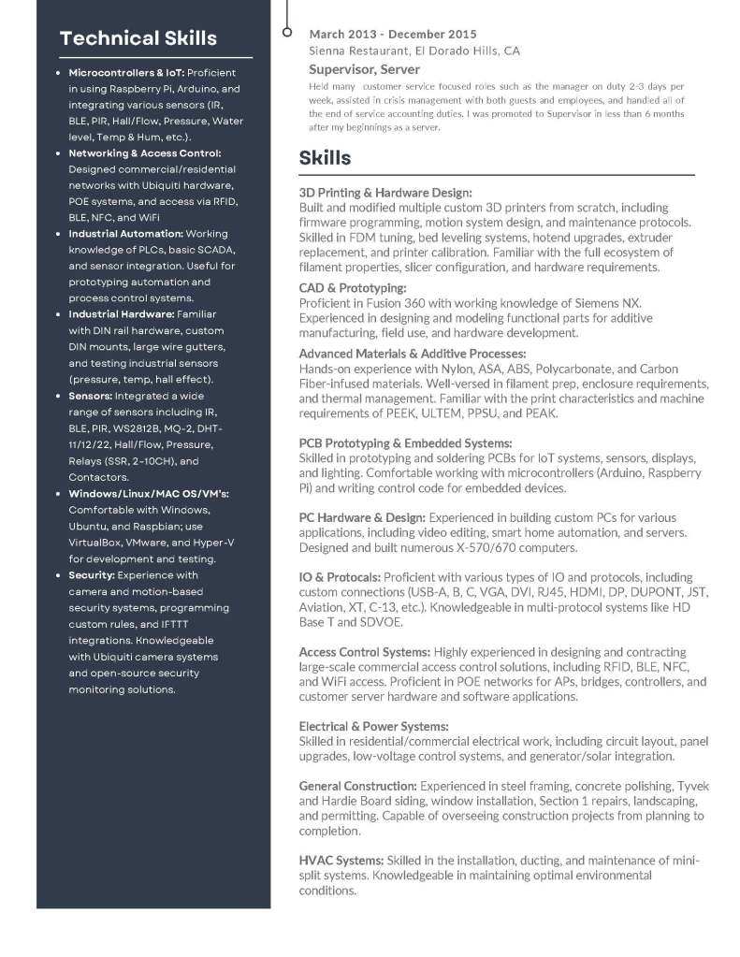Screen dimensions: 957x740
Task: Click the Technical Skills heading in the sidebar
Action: click(138, 38)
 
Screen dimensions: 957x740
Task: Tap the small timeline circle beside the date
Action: click(287, 34)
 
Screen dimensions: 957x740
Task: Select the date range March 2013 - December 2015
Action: click(392, 35)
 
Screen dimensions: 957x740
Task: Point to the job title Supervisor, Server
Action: click(364, 69)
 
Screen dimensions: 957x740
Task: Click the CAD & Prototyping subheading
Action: click(353, 288)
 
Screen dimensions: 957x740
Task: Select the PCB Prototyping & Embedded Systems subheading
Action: click(405, 442)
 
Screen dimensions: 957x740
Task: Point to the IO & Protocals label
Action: click(340, 577)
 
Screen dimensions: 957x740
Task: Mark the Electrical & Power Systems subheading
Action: click(374, 726)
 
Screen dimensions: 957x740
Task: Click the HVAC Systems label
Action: click(341, 860)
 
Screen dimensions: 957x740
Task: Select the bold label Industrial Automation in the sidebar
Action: click(125, 234)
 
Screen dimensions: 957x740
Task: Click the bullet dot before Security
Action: click(59, 575)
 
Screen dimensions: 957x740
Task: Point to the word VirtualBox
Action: click(98, 543)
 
